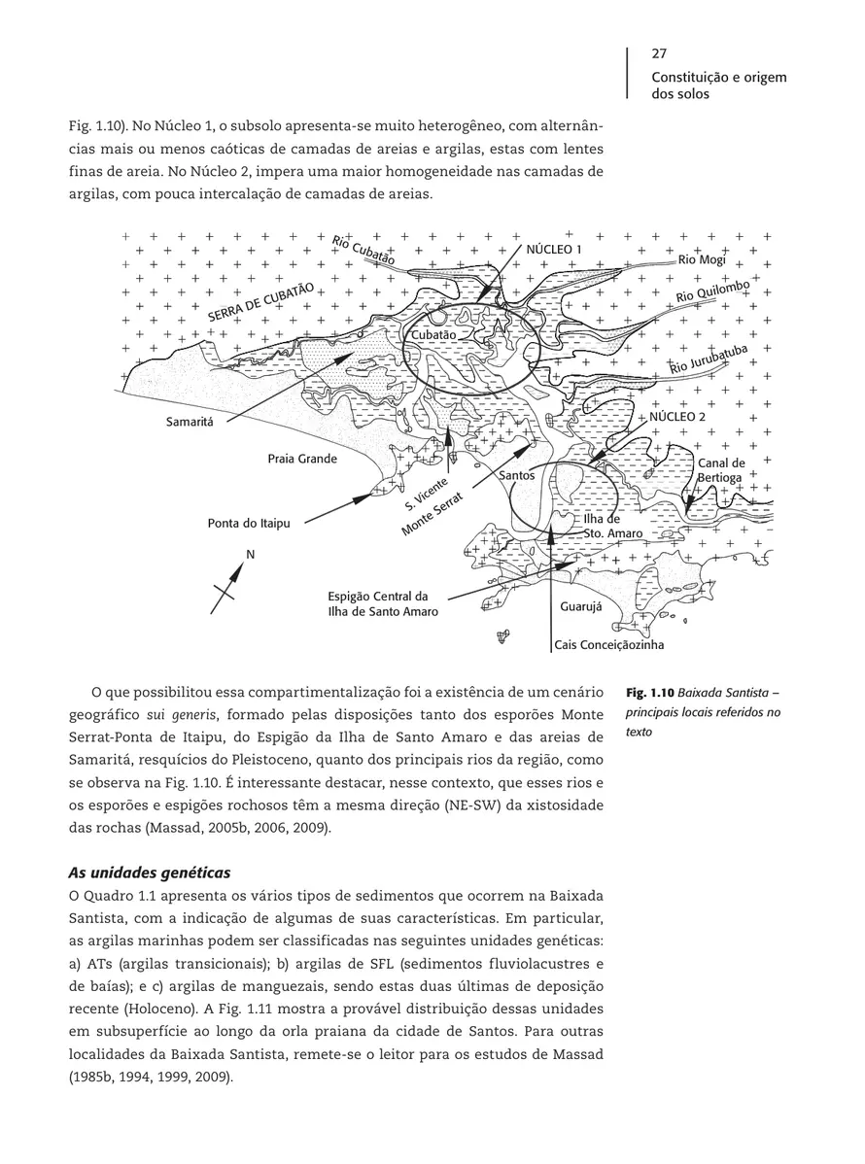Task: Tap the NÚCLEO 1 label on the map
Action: pos(554,250)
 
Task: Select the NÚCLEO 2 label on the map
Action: pos(677,416)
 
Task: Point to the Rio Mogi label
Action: pos(702,259)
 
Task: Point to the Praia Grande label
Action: pos(302,458)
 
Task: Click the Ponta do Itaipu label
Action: pos(249,524)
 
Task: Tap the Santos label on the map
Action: pos(517,476)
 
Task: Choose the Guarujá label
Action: pos(582,606)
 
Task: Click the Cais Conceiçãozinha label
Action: pos(609,644)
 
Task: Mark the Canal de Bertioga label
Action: pos(721,470)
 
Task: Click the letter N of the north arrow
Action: pos(250,555)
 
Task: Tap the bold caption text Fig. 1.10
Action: pos(648,695)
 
